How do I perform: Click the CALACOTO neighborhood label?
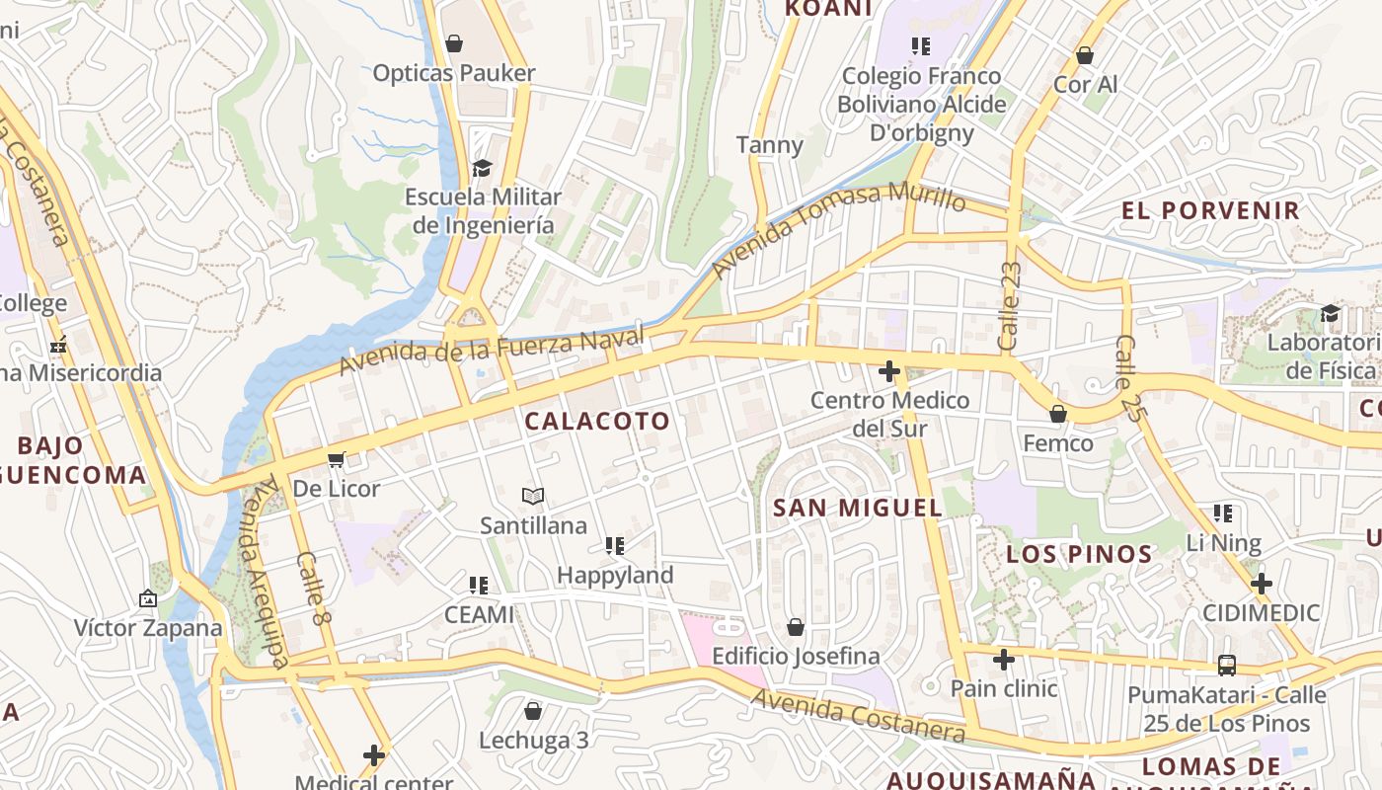point(597,421)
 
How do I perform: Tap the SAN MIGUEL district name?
point(857,508)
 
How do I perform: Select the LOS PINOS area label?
point(1079,554)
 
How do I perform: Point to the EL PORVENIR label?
point(1210,210)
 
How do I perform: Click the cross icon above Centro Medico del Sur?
point(889,371)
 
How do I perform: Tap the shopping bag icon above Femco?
point(1058,414)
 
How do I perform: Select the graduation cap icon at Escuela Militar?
point(482,168)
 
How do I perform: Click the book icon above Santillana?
point(533,496)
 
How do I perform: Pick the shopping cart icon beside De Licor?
point(337,459)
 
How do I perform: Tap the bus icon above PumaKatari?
point(1227,666)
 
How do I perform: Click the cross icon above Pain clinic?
point(1004,659)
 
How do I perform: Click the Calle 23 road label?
point(1009,305)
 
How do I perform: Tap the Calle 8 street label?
point(311,588)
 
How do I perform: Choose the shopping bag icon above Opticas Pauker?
point(454,43)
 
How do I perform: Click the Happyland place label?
point(615,575)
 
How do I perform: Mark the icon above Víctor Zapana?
point(148,598)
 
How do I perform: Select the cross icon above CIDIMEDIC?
point(1261,583)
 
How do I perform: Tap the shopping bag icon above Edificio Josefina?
point(796,627)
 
